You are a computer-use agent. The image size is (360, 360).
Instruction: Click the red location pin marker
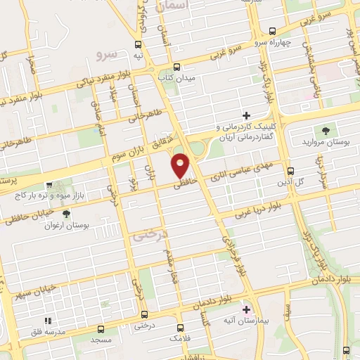[181, 166]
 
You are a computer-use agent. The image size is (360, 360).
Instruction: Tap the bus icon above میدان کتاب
[168, 67]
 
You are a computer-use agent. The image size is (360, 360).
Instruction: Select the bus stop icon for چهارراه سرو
[272, 30]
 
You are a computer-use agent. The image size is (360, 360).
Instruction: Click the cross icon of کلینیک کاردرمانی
[246, 115]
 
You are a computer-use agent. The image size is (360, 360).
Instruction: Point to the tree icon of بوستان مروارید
[325, 130]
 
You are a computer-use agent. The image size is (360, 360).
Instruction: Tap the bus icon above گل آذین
[290, 170]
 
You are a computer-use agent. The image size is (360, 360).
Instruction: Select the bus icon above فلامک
[181, 327]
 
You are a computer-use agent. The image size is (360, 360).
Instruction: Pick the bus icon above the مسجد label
[101, 328]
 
